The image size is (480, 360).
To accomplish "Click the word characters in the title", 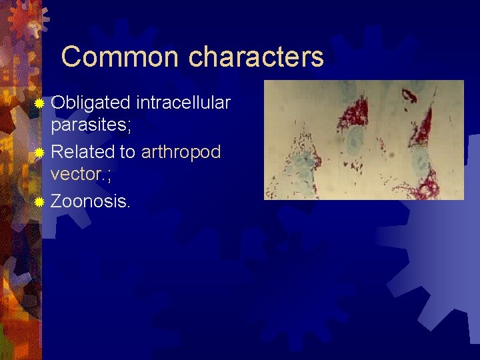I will (x=256, y=57).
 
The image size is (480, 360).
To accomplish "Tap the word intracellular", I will (x=183, y=103).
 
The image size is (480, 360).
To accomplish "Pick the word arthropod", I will (x=181, y=152).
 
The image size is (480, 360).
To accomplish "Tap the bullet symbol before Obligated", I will (x=40, y=103).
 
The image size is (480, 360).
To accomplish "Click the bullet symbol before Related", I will (x=40, y=153).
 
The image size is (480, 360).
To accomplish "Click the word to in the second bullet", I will (x=127, y=152).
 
